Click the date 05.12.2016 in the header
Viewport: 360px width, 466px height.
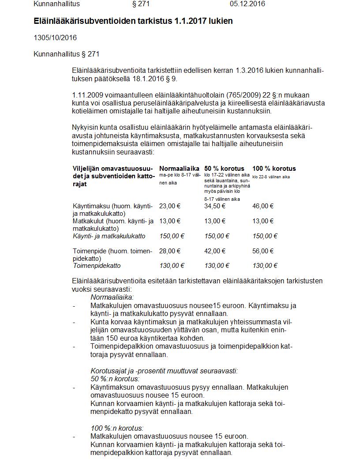click(247, 4)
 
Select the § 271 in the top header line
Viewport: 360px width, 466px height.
click(141, 4)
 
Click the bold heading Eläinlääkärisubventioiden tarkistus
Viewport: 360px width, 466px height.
click(133, 21)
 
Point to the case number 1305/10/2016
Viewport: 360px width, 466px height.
click(55, 38)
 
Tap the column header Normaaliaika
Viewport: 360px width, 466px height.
click(179, 169)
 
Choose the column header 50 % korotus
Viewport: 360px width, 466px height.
click(224, 169)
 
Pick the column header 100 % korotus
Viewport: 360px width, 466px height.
click(274, 169)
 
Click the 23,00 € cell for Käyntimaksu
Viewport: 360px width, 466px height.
click(170, 206)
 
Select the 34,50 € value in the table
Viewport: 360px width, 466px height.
click(215, 206)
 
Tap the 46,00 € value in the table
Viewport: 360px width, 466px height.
click(263, 206)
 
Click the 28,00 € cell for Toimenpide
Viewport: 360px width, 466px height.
click(170, 251)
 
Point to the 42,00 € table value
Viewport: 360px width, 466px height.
click(215, 251)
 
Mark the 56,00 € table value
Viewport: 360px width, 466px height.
click(263, 251)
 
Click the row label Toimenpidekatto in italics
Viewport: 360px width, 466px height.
click(97, 266)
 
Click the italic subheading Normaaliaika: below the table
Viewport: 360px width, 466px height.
click(112, 298)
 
